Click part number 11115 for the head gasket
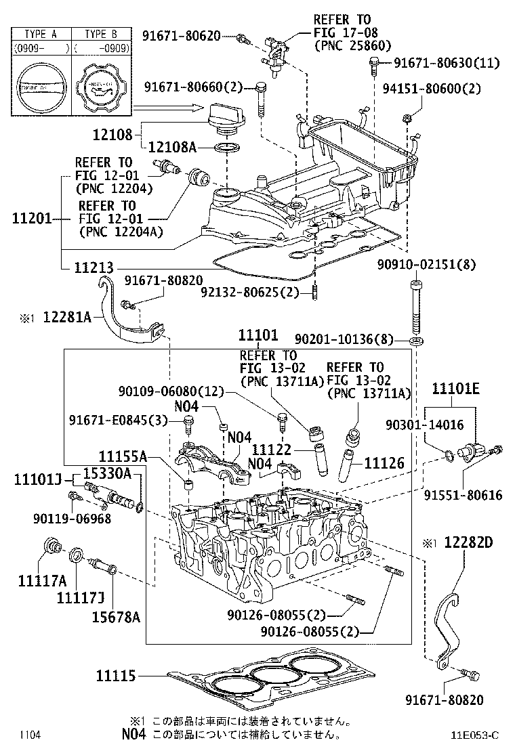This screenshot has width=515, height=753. [117, 676]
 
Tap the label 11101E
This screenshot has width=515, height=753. [456, 388]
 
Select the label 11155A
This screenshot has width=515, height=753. [122, 457]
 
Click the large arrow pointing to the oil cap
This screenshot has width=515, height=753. [168, 108]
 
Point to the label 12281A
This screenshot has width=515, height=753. [66, 316]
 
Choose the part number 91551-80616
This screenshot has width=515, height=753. [464, 495]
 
